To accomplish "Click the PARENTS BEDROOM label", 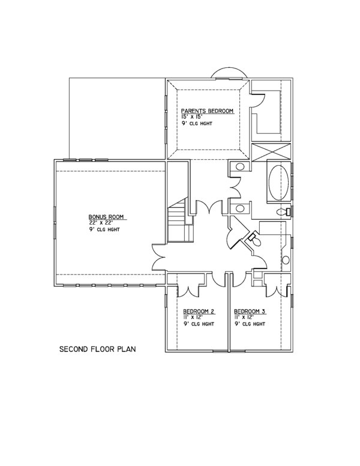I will click(x=207, y=111).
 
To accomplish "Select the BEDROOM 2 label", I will click(x=199, y=311).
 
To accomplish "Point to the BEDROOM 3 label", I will click(x=250, y=311).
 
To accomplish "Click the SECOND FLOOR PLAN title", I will click(x=97, y=348).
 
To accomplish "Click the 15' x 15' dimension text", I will click(x=194, y=117).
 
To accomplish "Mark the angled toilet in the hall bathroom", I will click(x=253, y=239).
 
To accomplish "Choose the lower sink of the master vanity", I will click(x=239, y=208).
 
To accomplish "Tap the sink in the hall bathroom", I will click(x=286, y=260).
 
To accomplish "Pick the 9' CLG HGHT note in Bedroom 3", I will click(x=250, y=324).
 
